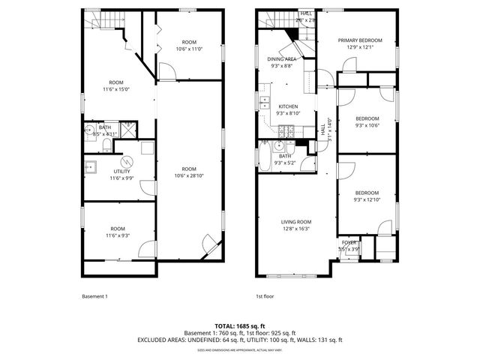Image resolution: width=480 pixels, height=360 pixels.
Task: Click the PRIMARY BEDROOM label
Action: point(360,40)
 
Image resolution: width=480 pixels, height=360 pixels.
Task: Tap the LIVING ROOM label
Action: point(296,222)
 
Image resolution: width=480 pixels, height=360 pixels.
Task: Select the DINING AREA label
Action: point(280,58)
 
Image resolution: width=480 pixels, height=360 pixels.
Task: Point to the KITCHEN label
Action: point(289,106)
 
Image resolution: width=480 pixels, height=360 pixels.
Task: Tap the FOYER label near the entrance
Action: point(349,242)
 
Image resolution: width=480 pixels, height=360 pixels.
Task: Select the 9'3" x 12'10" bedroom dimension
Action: point(367,199)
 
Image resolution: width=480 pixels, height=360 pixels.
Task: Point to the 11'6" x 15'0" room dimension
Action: point(115,88)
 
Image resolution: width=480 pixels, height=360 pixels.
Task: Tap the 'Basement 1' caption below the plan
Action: point(94,296)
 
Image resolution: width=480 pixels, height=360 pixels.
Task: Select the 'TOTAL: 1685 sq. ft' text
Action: point(240,325)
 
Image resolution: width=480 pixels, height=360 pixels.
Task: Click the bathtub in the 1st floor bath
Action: point(266,157)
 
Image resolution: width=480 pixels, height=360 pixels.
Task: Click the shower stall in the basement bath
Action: point(127,128)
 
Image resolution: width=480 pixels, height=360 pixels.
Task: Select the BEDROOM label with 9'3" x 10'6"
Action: point(367,118)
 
